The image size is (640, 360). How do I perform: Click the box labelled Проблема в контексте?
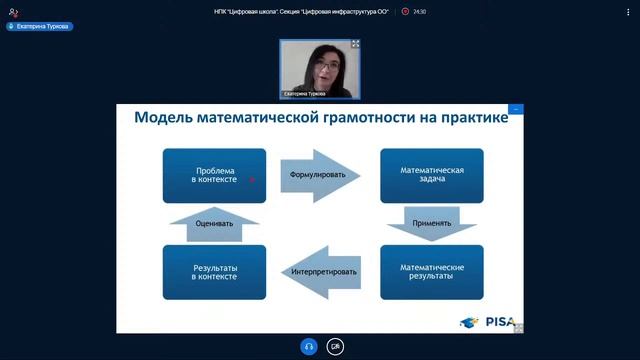coord(214,176)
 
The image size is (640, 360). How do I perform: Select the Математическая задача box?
coord(431,176)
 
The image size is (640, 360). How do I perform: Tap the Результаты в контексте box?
coord(214,271)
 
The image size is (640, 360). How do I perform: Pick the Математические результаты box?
coord(431,271)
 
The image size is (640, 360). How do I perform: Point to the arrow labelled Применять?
coord(431,222)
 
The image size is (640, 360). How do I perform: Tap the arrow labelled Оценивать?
coord(214,223)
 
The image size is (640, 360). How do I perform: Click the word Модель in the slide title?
coord(163,118)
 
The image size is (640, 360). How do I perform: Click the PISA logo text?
coord(500,322)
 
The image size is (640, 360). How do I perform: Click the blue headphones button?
coord(308,346)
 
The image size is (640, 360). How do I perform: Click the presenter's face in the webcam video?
coord(323,69)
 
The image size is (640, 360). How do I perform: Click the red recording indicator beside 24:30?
coord(405,12)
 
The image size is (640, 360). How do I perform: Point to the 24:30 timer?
coord(419,12)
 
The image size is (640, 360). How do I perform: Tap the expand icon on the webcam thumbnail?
coord(355,45)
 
